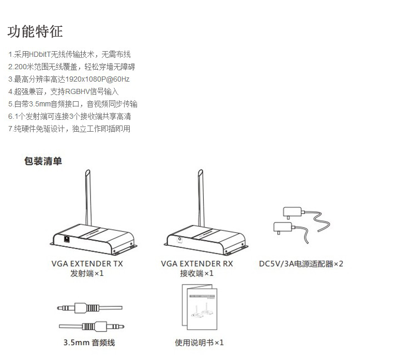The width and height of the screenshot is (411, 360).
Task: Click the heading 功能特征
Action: (35, 32)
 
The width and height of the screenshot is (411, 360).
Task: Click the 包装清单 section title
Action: (43, 161)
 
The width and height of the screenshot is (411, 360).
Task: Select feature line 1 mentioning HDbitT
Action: (69, 54)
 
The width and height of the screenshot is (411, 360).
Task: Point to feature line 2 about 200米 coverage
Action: (71, 67)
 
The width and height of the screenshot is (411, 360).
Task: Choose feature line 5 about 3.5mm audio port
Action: (72, 104)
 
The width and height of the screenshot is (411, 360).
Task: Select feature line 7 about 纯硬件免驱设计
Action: (69, 129)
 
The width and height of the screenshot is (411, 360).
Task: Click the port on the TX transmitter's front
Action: (67, 239)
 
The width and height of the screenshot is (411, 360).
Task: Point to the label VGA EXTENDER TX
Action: (87, 263)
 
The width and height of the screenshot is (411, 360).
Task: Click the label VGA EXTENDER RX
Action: (197, 263)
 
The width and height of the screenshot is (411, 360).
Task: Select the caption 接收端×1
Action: (197, 274)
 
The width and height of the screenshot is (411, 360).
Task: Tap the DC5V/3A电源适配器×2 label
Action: (301, 264)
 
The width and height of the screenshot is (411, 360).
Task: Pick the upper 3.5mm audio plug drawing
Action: (78, 308)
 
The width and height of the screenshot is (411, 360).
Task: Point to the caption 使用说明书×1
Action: (199, 342)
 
